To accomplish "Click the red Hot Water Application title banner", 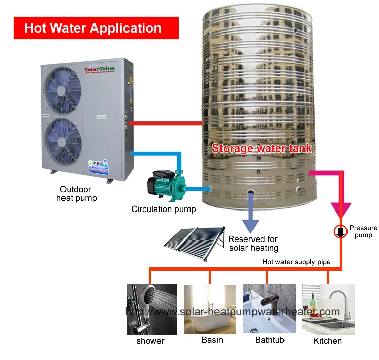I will pyautogui.click(x=96, y=28).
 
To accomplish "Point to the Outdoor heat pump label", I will pyautogui.click(x=76, y=193).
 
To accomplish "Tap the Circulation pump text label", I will pyautogui.click(x=163, y=209).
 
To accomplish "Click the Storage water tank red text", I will pyautogui.click(x=261, y=148).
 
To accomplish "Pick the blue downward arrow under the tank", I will pyautogui.click(x=251, y=217).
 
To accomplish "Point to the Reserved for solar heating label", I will pyautogui.click(x=253, y=244).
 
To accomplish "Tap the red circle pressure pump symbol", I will pyautogui.click(x=340, y=232).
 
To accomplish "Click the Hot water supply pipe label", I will pyautogui.click(x=296, y=262).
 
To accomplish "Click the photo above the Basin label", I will pyautogui.click(x=209, y=309).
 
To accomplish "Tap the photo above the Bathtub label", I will pyautogui.click(x=269, y=309).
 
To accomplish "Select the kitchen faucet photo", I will pyautogui.click(x=328, y=309).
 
